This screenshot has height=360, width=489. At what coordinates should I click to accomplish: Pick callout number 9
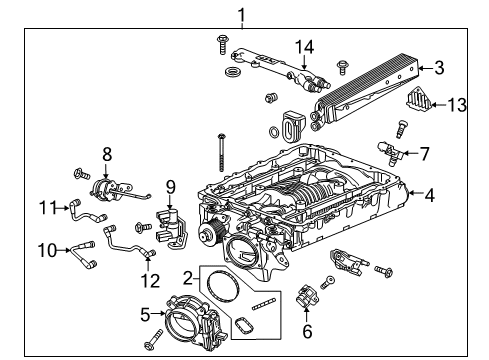click(x=170, y=185)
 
